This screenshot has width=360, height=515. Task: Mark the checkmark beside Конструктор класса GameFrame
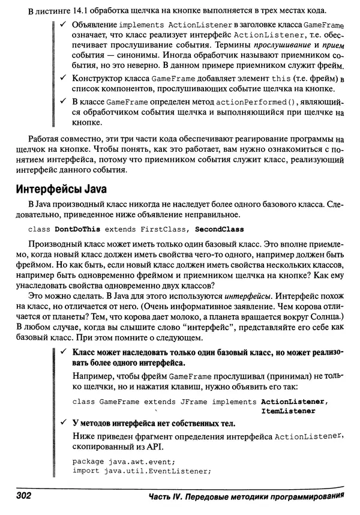pos(64,80)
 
